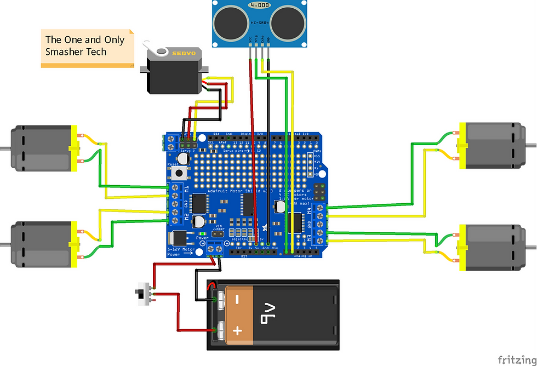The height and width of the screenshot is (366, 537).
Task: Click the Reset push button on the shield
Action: point(179,174)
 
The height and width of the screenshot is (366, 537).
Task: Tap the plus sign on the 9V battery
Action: point(238,330)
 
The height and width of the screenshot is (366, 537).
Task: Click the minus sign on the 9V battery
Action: point(237,300)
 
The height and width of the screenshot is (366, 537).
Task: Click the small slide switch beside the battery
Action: point(144,295)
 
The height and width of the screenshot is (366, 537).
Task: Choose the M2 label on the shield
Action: point(186,215)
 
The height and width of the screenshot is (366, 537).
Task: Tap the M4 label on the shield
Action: point(309,210)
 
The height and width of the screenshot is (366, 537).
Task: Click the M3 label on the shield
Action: point(309,237)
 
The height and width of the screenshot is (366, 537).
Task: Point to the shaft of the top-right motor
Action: point(530,144)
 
